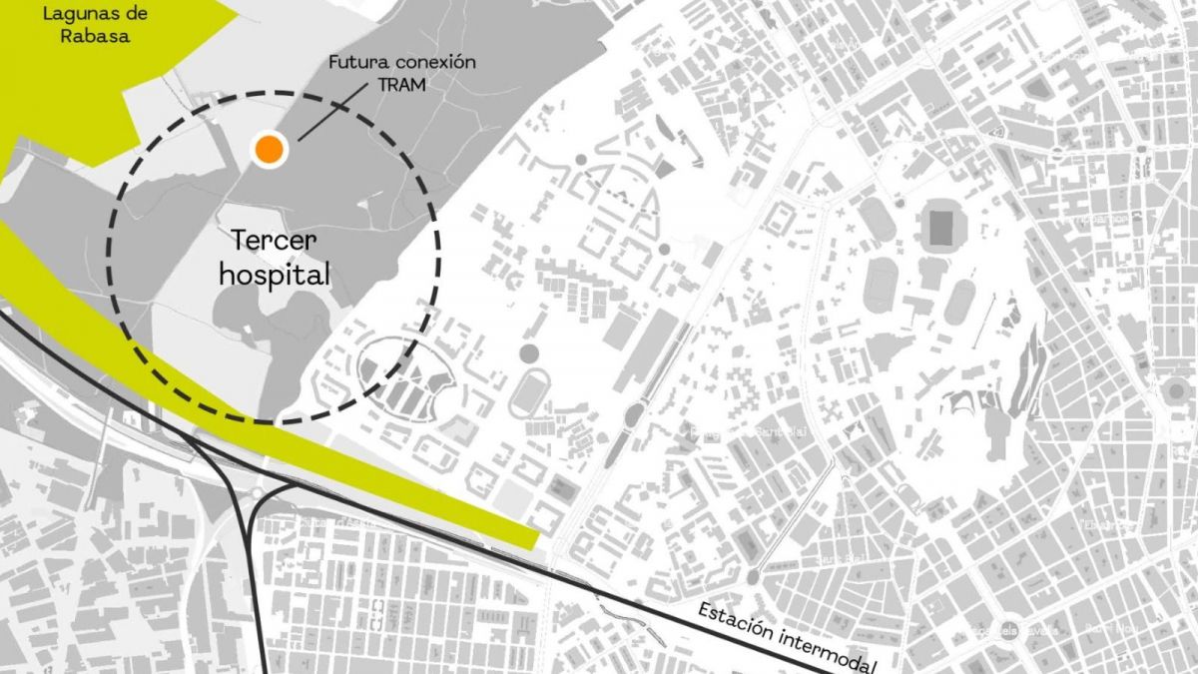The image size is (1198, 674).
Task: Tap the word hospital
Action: point(274,274)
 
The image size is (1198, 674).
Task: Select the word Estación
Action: point(736,620)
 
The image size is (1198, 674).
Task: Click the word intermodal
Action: point(828,649)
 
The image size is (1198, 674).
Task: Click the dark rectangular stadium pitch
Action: point(941,229)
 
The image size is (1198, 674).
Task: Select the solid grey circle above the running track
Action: point(528,352)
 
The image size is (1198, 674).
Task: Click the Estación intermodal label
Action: point(786,636)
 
